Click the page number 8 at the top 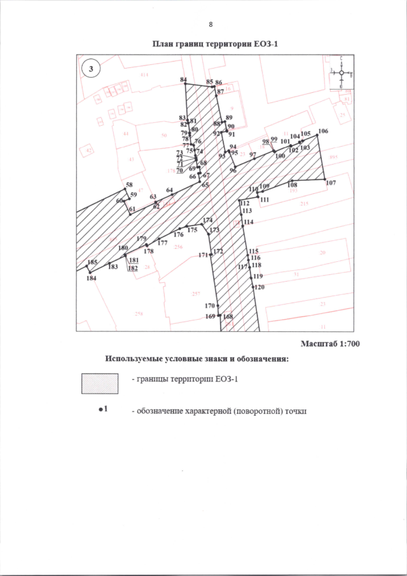click(210, 25)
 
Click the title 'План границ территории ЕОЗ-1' click(216, 45)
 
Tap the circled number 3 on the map click(92, 68)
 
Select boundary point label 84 click(183, 79)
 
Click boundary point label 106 click(323, 131)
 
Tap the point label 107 click(331, 183)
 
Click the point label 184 click(92, 278)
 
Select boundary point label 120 click(259, 287)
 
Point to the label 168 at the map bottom click(228, 317)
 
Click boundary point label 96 click(233, 171)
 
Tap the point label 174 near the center click(207, 220)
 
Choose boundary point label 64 click(169, 191)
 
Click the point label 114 click(248, 222)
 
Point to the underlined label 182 click(133, 268)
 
